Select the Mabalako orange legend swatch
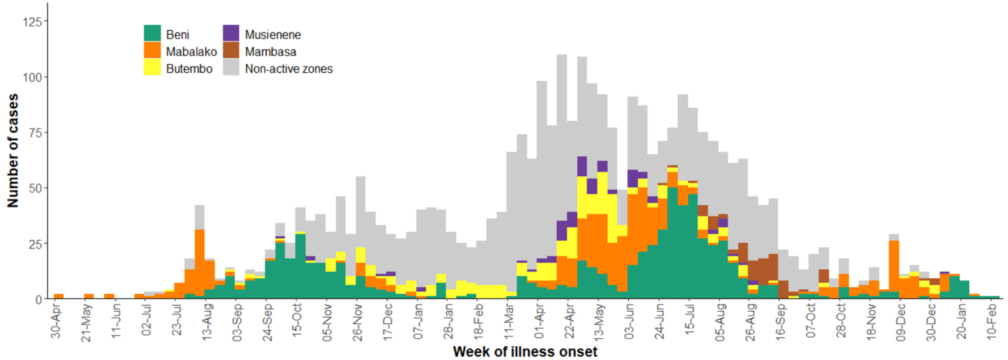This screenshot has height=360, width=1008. point(152,51)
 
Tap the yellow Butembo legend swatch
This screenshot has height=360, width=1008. point(152,68)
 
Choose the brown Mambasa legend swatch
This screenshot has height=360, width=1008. point(231,51)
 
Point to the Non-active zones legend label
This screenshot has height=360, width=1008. point(288,69)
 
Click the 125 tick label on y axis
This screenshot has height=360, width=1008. point(33,22)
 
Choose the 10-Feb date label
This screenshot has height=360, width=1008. point(993,323)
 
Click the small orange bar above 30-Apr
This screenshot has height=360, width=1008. point(59,296)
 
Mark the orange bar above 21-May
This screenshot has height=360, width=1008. point(88,296)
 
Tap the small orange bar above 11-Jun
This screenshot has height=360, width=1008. point(109,296)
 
